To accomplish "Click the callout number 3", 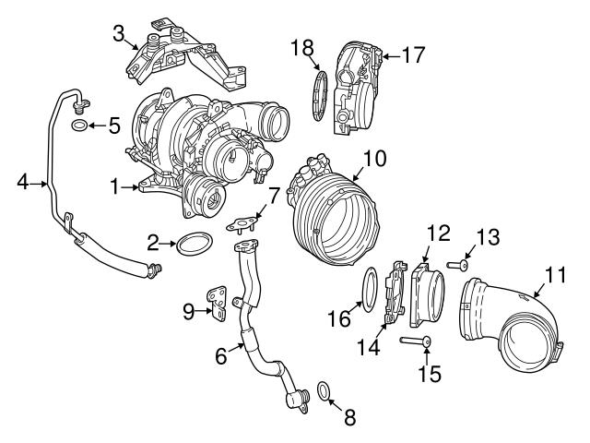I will coord(119,35).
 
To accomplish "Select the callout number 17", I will coord(414,55).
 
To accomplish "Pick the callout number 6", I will coord(221,353).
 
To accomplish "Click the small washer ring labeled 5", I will coord(81,125).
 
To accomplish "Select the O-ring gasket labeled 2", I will coord(191,244).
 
